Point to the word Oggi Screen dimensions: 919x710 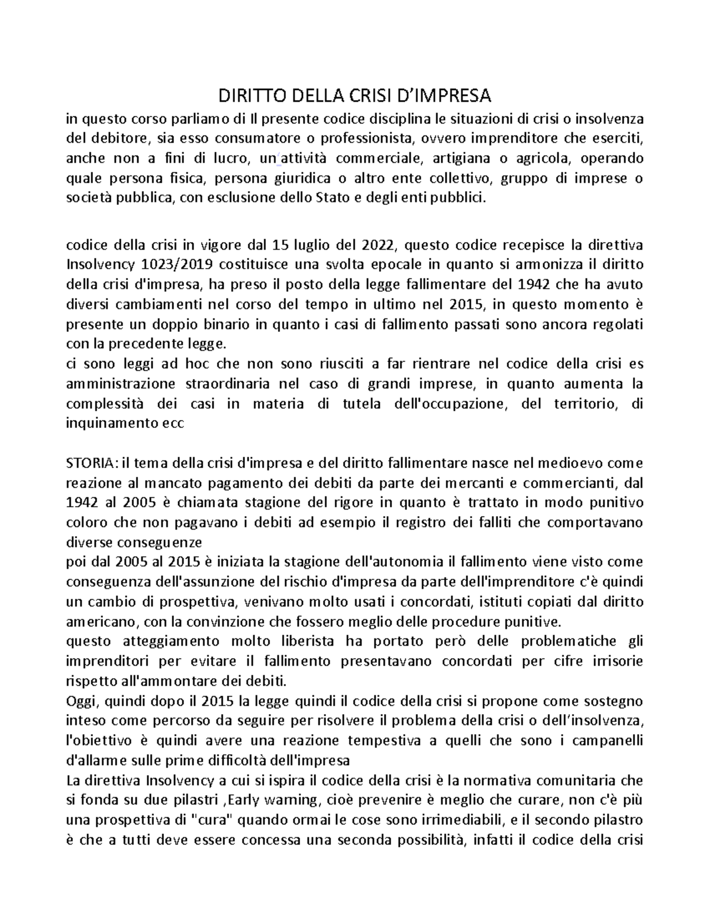(x=82, y=701)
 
